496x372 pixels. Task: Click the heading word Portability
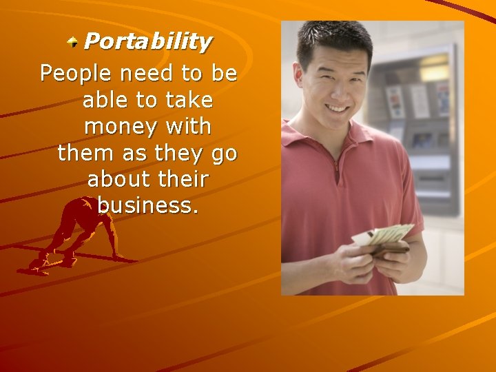pyautogui.click(x=147, y=42)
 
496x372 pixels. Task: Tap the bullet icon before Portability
pyautogui.click(x=73, y=43)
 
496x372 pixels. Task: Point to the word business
pyautogui.click(x=147, y=206)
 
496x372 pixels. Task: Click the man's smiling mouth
pyautogui.click(x=337, y=109)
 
